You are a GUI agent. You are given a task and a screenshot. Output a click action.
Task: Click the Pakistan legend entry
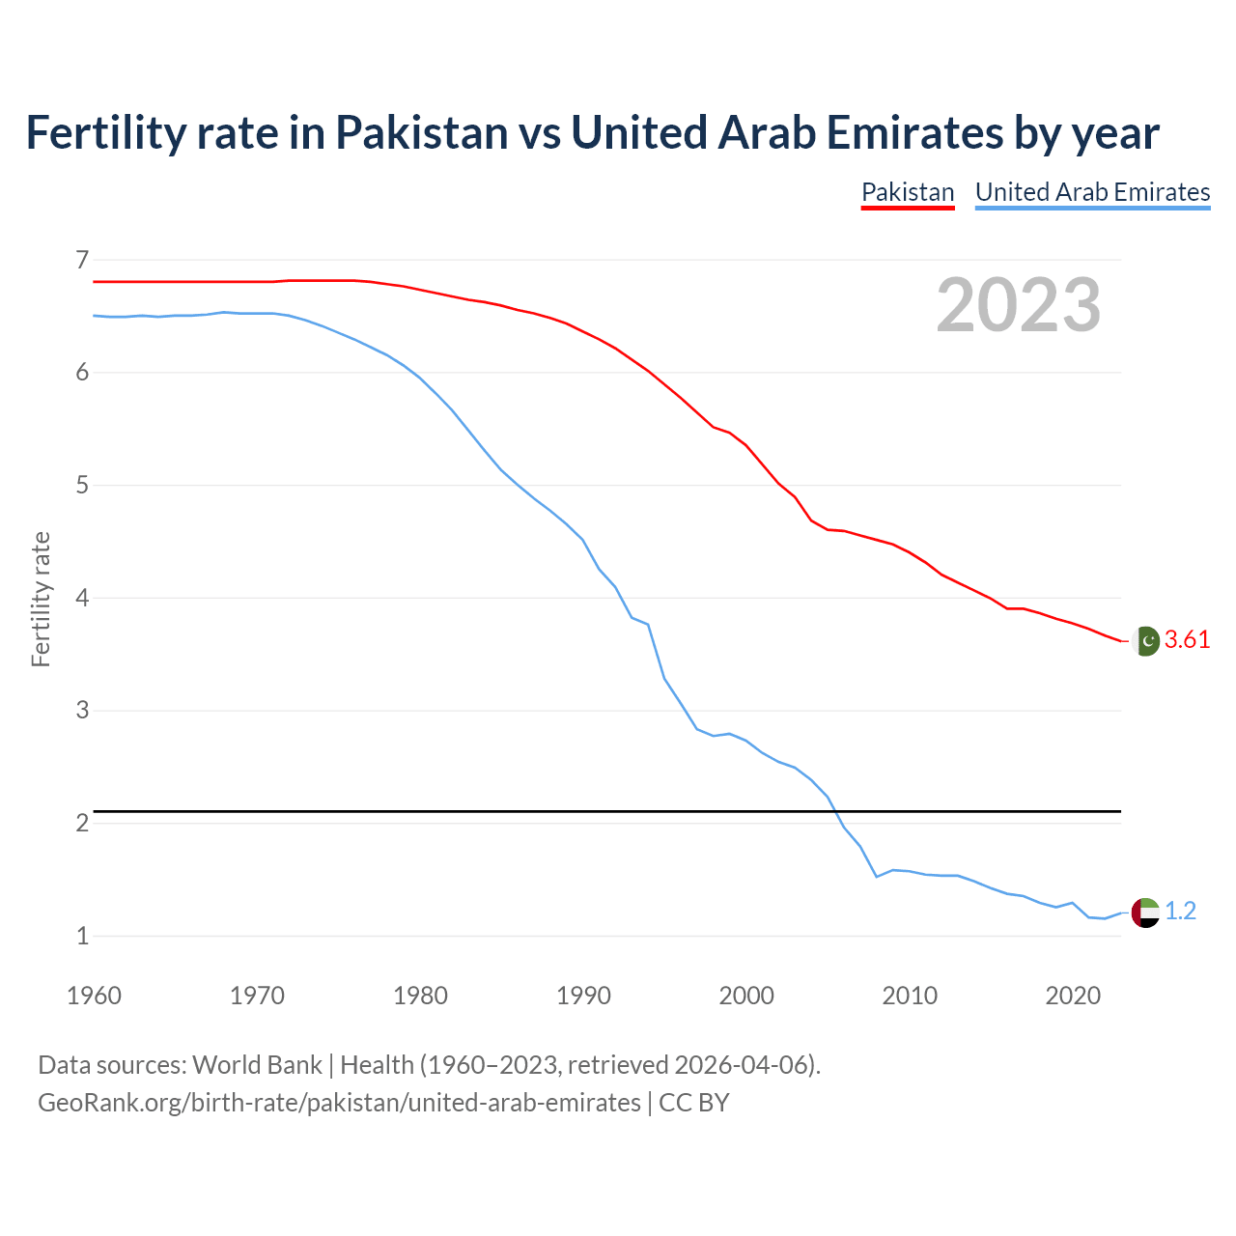[x=907, y=192]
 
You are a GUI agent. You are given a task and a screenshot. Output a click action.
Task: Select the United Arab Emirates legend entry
[x=1092, y=192]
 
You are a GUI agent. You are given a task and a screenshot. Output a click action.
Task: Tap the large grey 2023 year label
[x=1018, y=305]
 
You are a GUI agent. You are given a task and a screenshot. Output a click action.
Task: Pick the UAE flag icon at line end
[x=1145, y=912]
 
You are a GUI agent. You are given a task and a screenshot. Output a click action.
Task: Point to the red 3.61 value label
[x=1187, y=640]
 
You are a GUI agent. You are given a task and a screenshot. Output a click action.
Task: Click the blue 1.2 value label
[x=1180, y=912]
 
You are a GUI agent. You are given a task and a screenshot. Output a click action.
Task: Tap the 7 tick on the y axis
[x=81, y=260]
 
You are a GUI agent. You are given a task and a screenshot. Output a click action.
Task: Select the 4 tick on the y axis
[x=81, y=598]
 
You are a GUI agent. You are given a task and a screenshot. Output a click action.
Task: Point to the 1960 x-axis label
[x=94, y=996]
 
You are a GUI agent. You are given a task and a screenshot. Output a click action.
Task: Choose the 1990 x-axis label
[x=583, y=996]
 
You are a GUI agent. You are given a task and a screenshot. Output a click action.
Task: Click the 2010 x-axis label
[x=910, y=996]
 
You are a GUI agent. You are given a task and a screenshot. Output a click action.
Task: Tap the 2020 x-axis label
[x=1073, y=996]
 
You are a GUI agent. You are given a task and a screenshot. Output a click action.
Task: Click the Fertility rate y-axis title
[x=41, y=599]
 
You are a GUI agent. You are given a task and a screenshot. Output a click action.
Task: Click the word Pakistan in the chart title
[x=421, y=133]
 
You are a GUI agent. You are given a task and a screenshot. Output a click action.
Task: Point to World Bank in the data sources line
[x=257, y=1065]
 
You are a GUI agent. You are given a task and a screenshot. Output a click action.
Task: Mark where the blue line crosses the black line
[x=833, y=811]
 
